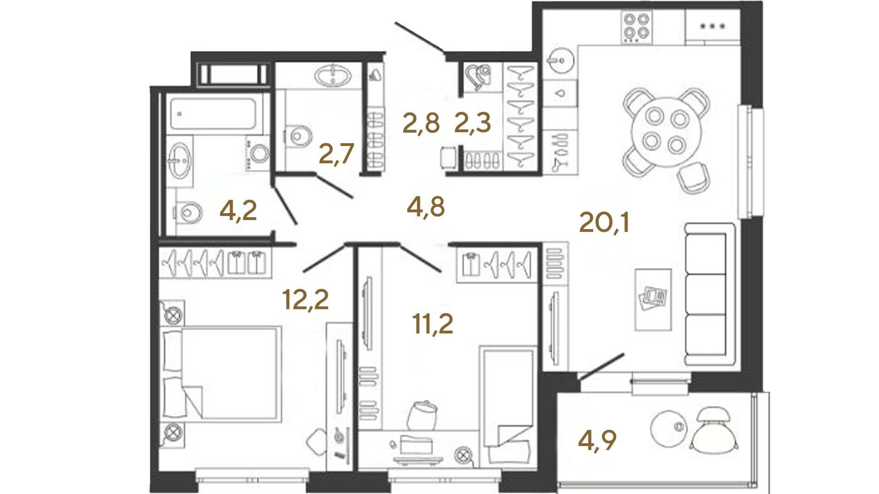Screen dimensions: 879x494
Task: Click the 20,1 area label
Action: [x=604, y=223]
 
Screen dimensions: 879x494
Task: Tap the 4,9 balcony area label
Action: [x=597, y=440]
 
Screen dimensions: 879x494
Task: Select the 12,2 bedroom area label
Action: [x=305, y=300]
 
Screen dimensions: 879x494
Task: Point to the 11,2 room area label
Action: [x=433, y=324]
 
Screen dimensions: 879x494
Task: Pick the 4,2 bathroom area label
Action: [x=238, y=211]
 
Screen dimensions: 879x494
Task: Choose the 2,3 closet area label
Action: [x=472, y=123]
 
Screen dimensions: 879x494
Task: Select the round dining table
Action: [x=666, y=132]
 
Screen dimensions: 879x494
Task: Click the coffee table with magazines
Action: [x=653, y=300]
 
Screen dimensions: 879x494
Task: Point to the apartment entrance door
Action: [x=420, y=38]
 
